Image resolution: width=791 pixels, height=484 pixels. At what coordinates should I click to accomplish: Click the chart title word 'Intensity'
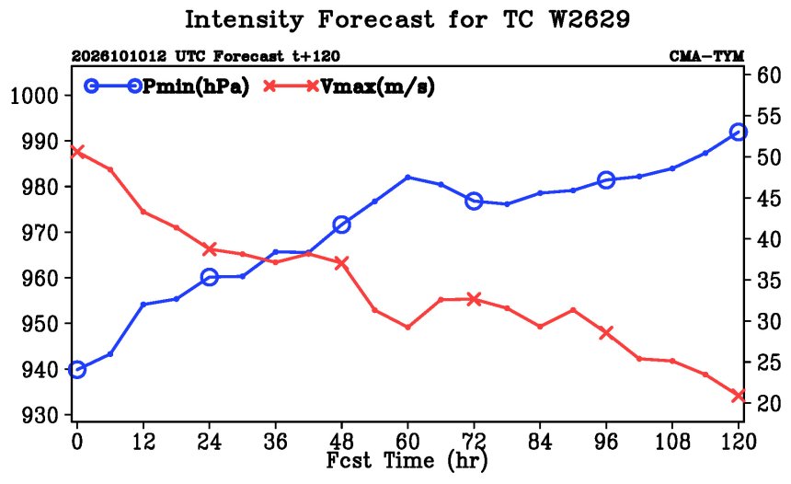(x=244, y=20)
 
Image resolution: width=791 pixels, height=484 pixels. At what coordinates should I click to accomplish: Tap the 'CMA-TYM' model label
(x=706, y=56)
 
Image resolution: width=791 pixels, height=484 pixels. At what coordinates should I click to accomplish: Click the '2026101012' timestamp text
(x=119, y=56)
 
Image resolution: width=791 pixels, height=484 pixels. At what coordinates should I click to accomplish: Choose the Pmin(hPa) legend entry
(x=166, y=86)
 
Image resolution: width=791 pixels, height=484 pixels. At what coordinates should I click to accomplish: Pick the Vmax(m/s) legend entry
(x=349, y=86)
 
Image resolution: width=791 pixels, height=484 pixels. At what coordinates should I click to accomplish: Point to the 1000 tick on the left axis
(x=34, y=95)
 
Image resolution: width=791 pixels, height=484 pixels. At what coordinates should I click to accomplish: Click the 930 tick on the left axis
(x=40, y=415)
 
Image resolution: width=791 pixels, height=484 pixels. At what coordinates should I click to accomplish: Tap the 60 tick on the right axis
(x=769, y=75)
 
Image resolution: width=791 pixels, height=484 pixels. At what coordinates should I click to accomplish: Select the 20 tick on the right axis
(x=769, y=403)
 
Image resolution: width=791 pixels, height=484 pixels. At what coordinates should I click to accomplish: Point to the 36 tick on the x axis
(x=275, y=442)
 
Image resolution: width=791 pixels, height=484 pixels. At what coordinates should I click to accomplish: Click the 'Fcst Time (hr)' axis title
(x=407, y=461)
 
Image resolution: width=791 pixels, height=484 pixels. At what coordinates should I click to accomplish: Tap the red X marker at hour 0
(x=76, y=152)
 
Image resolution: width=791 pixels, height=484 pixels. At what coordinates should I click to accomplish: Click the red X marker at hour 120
(x=738, y=395)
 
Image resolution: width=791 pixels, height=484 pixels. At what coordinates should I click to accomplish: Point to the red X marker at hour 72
(x=474, y=299)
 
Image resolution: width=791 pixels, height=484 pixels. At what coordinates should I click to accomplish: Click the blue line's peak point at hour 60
(x=407, y=178)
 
